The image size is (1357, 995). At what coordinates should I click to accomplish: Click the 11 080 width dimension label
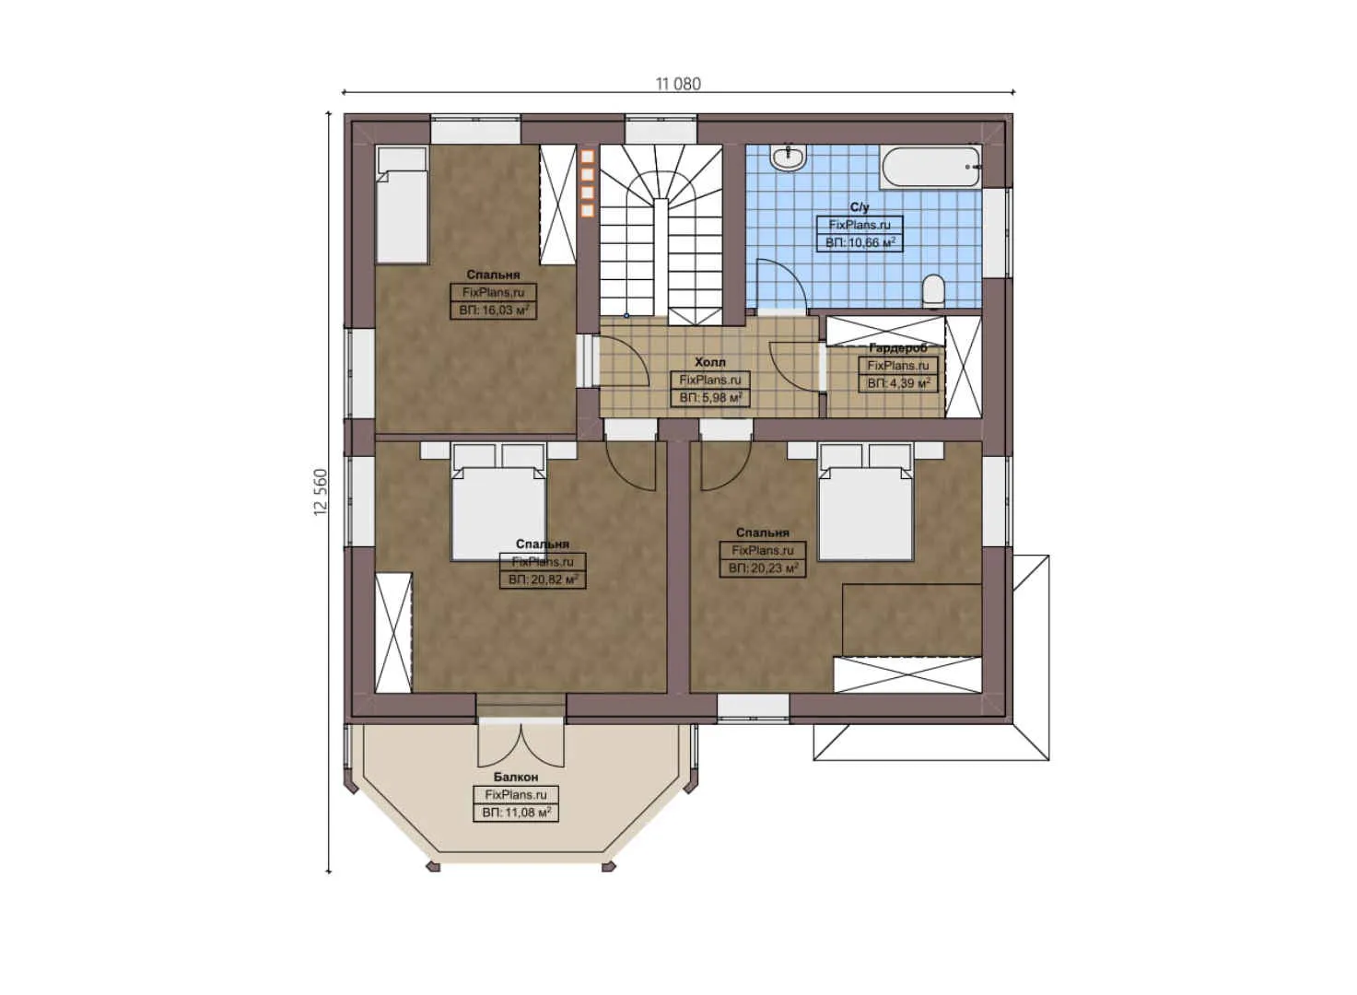tap(678, 84)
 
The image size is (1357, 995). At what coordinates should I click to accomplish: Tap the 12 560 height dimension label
tap(321, 492)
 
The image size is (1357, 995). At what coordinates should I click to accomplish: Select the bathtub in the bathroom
tap(930, 168)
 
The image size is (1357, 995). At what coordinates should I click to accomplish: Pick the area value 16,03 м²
tap(495, 310)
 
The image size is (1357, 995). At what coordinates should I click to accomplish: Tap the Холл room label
tap(709, 362)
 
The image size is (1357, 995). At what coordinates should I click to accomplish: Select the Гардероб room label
tap(898, 348)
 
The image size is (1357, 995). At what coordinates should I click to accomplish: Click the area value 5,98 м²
tap(710, 398)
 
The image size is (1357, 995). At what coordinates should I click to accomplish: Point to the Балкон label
tap(516, 778)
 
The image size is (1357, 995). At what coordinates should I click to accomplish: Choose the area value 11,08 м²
tap(516, 814)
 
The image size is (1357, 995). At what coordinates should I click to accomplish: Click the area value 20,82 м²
tap(543, 580)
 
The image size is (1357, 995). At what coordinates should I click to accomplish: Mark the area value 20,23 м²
tap(763, 568)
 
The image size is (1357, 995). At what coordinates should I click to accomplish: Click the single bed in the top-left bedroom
tap(403, 205)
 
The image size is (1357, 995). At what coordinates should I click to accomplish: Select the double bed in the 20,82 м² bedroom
tap(498, 505)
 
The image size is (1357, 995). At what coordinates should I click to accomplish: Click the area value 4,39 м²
tap(898, 383)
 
